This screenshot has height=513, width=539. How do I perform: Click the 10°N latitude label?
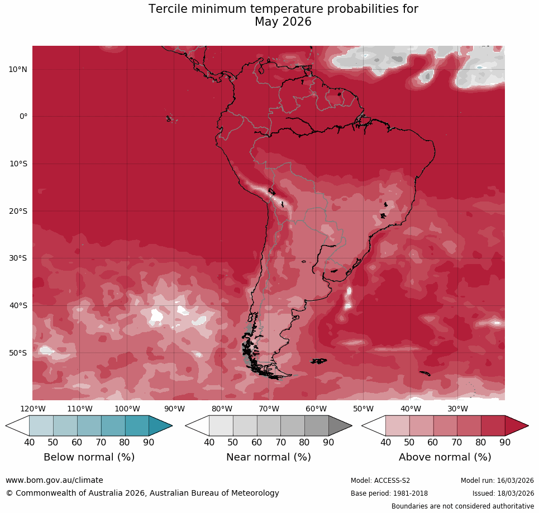18,69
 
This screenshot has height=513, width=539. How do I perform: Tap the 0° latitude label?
23,117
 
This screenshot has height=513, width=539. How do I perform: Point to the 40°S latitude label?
18,305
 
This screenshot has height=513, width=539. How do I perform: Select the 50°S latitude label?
18,353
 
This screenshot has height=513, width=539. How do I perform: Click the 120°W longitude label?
32,409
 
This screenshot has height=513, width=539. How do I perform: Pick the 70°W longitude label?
269,409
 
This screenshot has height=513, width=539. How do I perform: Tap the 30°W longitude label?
457,409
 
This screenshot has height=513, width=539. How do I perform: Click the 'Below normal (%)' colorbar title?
89,457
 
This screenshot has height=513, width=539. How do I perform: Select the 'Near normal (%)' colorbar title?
268,457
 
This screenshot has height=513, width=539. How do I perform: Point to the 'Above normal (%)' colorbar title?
445,457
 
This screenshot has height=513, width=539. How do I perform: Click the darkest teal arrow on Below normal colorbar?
160,426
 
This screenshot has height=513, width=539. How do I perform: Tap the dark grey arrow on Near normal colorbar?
339,426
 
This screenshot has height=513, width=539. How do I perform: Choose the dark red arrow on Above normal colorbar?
516,426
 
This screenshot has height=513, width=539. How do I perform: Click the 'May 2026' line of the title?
283,22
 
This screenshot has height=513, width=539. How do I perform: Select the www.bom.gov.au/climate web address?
54,480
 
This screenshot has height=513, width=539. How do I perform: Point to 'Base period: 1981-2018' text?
389,493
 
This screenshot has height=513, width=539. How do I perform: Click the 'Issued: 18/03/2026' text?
503,493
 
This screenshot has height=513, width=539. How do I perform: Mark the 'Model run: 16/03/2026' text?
497,481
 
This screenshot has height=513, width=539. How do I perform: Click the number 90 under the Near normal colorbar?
328,443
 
